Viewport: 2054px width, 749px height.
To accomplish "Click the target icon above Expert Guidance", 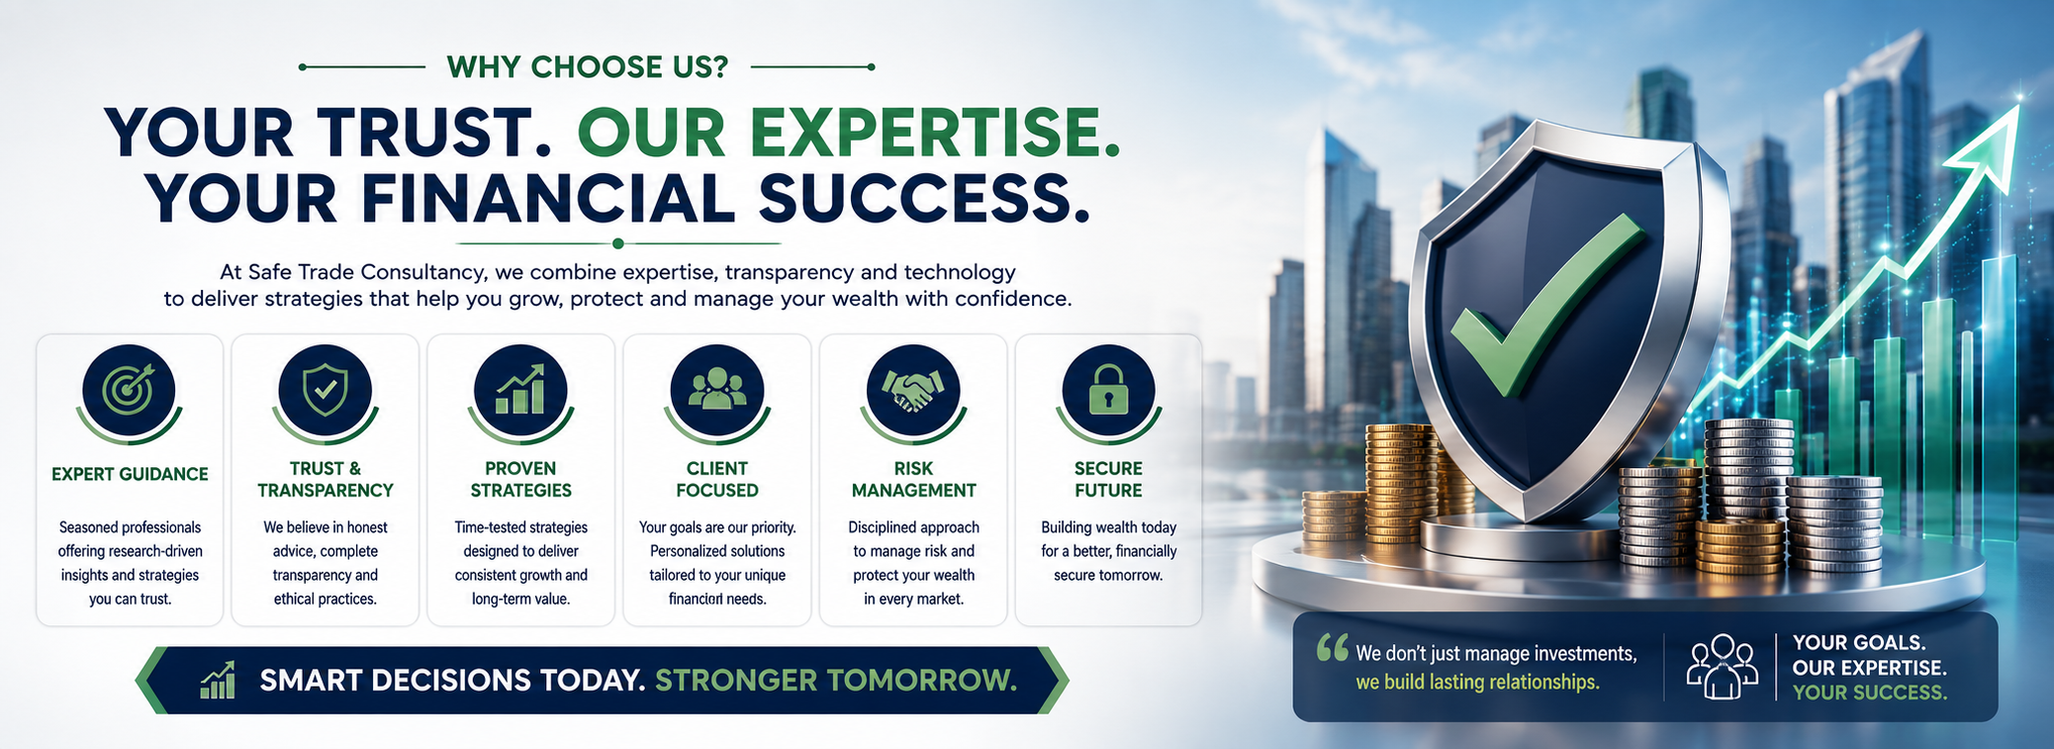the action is coord(130,389).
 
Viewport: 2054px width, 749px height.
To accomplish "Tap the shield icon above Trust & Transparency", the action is coord(326,389).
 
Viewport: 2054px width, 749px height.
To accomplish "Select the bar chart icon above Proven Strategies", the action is coord(520,389).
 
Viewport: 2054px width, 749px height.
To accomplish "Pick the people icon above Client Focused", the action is coord(717,389).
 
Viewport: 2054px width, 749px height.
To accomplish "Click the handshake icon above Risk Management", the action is coord(913,390).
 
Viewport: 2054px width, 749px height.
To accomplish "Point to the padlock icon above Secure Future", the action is coord(1108,390).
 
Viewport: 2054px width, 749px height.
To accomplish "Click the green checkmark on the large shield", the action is coord(1543,307).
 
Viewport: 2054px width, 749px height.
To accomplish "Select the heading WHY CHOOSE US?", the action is coord(588,66).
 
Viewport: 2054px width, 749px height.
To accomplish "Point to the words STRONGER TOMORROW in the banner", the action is coord(836,681).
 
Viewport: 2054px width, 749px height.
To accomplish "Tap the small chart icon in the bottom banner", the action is coord(218,680).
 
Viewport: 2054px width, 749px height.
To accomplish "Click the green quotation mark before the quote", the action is coord(1333,648).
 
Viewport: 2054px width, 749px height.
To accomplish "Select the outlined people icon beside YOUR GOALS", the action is coord(1722,666).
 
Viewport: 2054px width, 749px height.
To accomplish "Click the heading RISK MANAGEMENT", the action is coord(913,479).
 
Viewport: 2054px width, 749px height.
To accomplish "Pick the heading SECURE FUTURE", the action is coord(1108,479).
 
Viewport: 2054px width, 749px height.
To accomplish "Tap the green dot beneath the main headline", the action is coord(618,243).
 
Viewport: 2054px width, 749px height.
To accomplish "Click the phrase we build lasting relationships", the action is coord(1477,682).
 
